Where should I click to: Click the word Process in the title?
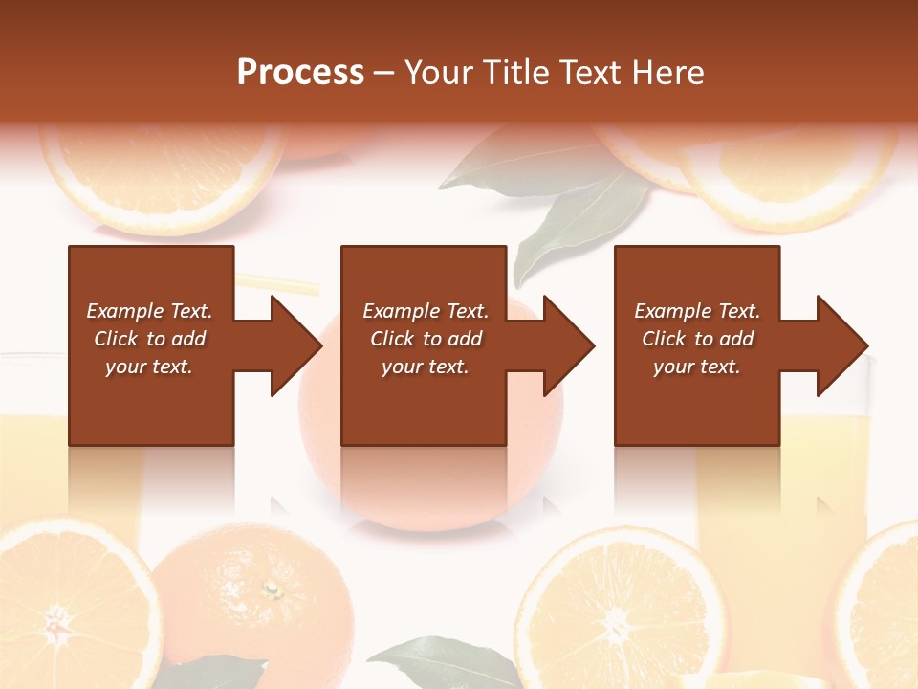(x=300, y=73)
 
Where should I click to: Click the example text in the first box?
(x=149, y=339)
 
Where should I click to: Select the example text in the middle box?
(x=426, y=339)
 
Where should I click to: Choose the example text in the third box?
(x=697, y=339)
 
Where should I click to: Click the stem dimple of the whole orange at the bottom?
(x=271, y=588)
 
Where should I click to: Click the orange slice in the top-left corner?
(x=163, y=177)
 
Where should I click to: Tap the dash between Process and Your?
(x=384, y=73)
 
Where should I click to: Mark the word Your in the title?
(x=440, y=73)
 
